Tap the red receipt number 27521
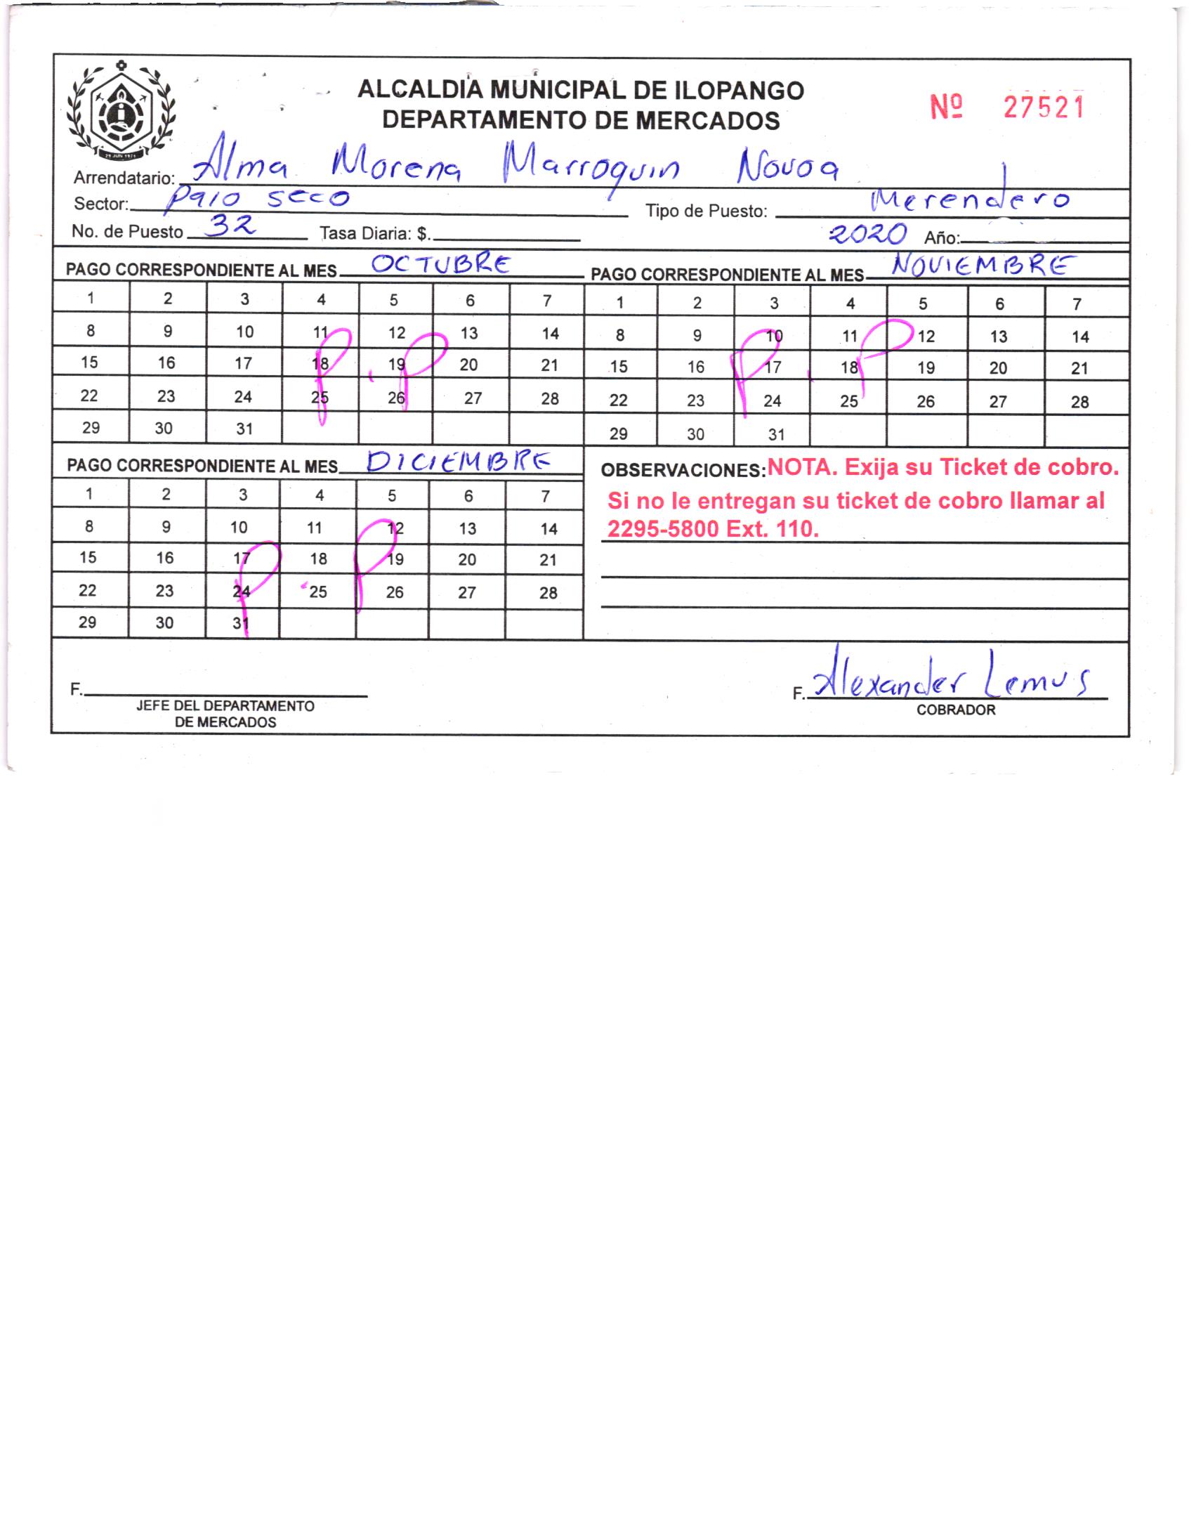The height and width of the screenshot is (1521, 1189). (1044, 107)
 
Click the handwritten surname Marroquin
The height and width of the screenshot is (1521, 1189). (591, 168)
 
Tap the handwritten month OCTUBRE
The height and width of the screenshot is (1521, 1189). (441, 264)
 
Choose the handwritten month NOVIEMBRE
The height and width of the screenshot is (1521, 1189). (983, 267)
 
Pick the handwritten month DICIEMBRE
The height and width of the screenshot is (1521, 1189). (458, 462)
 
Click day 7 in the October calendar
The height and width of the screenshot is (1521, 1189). (547, 301)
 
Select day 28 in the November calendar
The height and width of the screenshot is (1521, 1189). (1079, 403)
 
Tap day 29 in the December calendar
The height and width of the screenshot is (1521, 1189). (88, 622)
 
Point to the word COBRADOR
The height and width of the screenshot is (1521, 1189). (956, 710)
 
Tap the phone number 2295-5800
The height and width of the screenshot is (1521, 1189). (663, 528)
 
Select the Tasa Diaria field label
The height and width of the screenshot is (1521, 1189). (375, 233)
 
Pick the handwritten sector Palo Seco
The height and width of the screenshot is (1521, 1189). (256, 200)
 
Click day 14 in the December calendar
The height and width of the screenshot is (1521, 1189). (548, 529)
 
